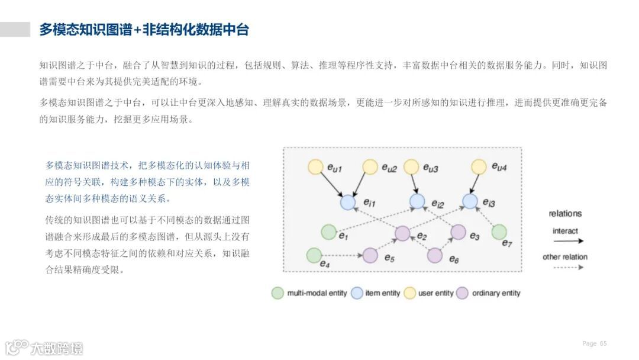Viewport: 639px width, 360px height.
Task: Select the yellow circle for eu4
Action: tap(481, 167)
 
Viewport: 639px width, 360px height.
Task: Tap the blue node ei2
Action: tap(418, 201)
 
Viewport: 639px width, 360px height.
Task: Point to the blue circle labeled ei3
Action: tap(470, 201)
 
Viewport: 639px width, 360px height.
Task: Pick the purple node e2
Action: tap(403, 233)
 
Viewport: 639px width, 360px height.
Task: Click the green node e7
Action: tap(499, 232)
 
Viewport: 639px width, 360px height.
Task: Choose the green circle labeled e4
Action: tap(314, 255)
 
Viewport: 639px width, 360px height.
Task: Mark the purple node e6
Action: tap(435, 255)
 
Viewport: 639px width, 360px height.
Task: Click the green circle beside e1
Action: tap(328, 232)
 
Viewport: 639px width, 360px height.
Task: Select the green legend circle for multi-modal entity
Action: tap(277, 293)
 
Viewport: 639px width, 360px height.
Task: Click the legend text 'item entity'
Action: tap(383, 293)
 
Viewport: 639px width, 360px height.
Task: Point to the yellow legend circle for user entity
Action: tap(410, 293)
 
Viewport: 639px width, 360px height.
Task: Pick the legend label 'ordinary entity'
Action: tap(496, 293)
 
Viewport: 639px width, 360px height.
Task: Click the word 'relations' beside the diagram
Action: tap(565, 214)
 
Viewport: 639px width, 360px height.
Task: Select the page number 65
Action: tap(603, 343)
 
